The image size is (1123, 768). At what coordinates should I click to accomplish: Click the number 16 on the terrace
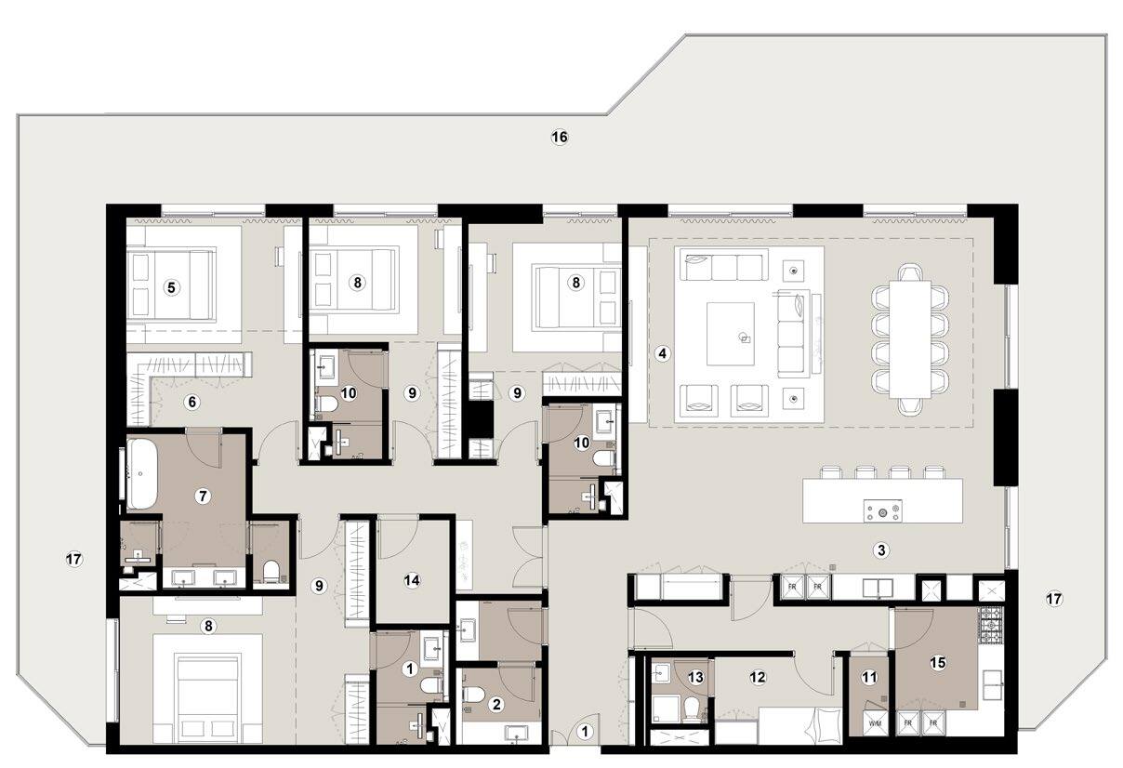point(560,137)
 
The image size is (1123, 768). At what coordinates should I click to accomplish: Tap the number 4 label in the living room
point(662,354)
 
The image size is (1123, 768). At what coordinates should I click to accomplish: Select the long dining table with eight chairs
point(910,339)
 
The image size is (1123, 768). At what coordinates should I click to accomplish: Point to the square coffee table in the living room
point(731,334)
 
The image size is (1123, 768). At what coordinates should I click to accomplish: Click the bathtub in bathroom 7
point(142,474)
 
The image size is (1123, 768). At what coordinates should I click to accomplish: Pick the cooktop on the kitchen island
point(882,510)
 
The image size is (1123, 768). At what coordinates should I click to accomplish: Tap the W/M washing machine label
point(875,724)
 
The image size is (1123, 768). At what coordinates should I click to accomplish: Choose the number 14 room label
point(412,580)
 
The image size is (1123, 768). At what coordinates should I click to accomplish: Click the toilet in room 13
point(692,709)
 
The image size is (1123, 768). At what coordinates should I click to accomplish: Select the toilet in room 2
point(473,694)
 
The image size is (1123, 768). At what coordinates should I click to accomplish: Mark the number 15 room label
point(937,663)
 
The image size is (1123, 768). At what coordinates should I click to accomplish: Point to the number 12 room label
point(758,678)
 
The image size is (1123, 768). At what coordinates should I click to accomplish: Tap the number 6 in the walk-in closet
point(192,402)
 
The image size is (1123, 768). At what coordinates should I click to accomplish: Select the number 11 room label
point(869,678)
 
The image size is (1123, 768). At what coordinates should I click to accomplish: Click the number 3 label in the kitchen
point(881,550)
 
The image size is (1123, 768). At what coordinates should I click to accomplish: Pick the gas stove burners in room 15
point(991,626)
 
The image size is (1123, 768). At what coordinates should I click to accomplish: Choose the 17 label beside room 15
point(1054,599)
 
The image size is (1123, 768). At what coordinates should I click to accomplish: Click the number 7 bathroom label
point(203,497)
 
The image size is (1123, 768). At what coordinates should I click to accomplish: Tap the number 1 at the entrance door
point(585,732)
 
